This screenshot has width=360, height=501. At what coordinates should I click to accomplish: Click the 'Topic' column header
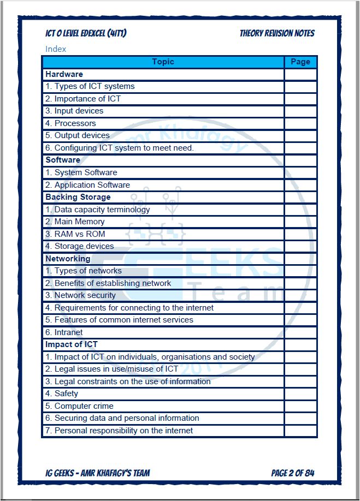(163, 62)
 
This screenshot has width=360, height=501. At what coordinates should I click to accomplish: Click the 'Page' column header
(300, 62)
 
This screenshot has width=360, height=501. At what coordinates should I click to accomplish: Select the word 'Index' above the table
(56, 49)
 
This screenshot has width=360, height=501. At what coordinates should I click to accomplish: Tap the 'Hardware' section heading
(64, 74)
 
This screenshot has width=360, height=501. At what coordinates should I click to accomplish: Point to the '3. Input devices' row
(74, 111)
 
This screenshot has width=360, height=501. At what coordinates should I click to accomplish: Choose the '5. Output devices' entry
(78, 135)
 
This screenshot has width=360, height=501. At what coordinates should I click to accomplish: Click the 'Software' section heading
(63, 160)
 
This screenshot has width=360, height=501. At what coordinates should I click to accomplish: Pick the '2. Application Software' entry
(87, 185)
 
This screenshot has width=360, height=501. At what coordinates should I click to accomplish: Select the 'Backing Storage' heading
(78, 197)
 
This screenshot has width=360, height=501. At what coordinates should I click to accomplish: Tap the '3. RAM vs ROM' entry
(75, 234)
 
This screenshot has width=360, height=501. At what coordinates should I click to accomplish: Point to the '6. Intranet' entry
(64, 332)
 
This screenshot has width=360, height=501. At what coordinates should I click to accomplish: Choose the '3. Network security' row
(81, 295)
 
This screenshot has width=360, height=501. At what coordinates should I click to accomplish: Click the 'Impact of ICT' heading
(72, 344)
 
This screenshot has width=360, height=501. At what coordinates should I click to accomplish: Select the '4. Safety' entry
(62, 393)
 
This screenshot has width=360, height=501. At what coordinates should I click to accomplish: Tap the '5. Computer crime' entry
(80, 406)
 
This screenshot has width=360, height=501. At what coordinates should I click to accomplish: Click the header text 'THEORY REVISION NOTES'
(277, 34)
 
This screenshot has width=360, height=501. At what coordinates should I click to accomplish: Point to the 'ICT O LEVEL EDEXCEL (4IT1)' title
(86, 34)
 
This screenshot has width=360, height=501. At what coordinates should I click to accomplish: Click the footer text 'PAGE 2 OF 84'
(292, 473)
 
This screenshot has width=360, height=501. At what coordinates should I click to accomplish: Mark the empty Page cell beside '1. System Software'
(300, 172)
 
